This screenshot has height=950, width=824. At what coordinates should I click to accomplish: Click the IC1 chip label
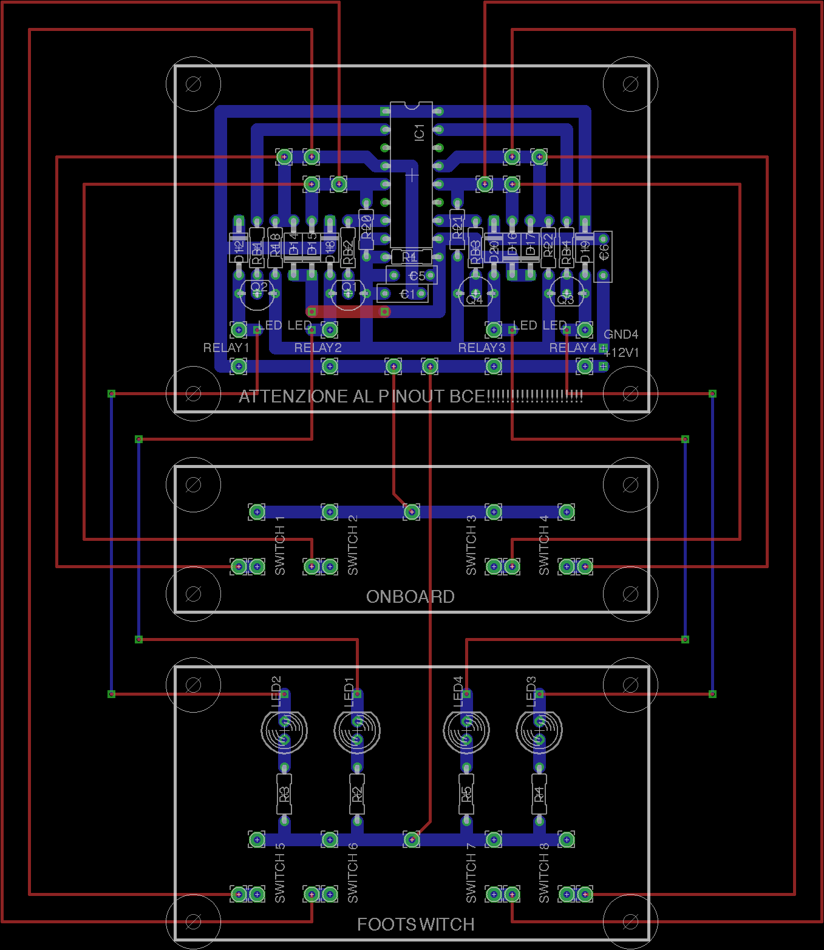coord(419,132)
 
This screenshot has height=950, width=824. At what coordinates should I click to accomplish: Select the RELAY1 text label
coord(226,348)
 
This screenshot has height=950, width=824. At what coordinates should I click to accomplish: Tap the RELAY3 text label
coord(482,348)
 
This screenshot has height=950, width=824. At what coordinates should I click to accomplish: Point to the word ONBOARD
coord(410,597)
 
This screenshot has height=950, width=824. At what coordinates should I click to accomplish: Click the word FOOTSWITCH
coord(415,925)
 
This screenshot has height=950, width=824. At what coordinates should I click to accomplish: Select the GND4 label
coord(621,334)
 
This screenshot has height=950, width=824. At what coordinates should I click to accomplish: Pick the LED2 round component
coord(284,730)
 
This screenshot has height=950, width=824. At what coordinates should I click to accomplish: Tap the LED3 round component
coord(539,730)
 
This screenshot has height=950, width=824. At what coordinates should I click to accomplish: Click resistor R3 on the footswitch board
coord(284,794)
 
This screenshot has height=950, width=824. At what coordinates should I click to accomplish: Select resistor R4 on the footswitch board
coord(539,794)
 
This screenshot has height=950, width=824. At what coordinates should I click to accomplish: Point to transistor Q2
coord(257,293)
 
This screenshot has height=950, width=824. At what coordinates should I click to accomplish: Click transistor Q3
coord(566,294)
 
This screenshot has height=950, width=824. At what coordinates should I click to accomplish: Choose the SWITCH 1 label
coord(280,545)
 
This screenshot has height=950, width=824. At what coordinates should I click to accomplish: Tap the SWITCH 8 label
coord(544,873)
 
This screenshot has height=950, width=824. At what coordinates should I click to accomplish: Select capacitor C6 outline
coord(603,256)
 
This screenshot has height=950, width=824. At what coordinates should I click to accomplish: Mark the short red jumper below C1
coord(348,311)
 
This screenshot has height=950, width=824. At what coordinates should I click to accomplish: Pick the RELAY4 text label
coord(573,348)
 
